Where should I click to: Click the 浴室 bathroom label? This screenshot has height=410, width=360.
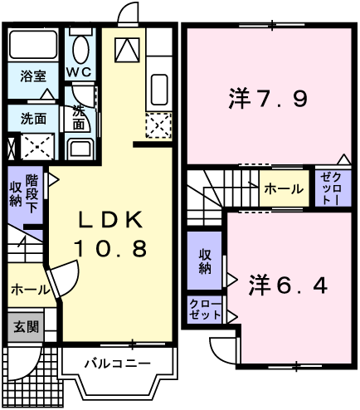point(33,76)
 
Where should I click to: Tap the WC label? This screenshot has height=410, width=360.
point(79,72)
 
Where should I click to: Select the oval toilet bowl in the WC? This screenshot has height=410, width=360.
point(81,50)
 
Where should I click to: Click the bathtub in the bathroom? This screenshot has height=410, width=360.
point(33,44)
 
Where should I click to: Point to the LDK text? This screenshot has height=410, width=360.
point(111,219)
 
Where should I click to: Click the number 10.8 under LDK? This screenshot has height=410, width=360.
point(110,248)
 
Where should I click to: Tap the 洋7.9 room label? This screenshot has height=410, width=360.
point(268,98)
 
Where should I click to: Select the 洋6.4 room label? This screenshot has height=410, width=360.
point(289,286)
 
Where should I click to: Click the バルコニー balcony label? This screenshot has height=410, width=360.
point(118,364)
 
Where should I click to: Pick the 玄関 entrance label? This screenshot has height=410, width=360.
point(27,327)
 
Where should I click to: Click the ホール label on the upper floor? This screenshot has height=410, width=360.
point(284,189)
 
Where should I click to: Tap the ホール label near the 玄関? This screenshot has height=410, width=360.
point(31,290)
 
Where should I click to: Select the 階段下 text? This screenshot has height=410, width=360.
point(32,193)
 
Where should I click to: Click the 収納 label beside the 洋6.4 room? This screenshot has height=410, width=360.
point(205,261)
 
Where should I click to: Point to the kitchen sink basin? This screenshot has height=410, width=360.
point(159,90)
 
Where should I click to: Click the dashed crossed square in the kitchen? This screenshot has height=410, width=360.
point(158,125)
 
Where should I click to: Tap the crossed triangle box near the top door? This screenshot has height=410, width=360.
point(127,50)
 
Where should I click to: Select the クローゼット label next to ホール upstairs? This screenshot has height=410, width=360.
point(333,188)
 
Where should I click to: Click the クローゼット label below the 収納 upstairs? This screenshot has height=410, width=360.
point(205,310)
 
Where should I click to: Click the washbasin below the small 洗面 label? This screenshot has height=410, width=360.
point(80,149)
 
